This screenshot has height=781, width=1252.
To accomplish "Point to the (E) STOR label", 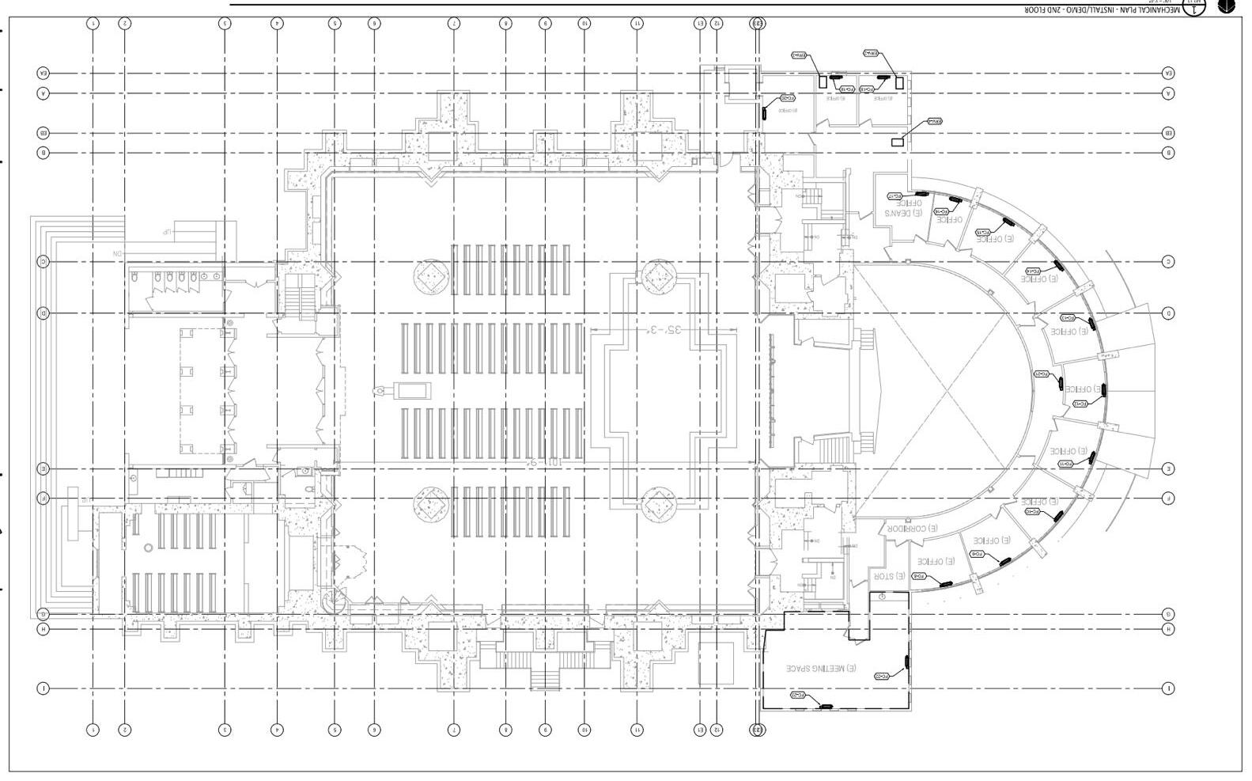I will (889, 576).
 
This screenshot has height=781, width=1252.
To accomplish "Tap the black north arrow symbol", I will (1226, 6).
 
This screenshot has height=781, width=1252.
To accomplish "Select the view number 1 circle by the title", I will (1193, 8).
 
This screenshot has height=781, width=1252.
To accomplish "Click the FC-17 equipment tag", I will (895, 195).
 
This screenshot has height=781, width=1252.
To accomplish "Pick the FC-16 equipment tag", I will (941, 212).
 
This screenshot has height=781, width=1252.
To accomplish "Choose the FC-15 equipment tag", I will (983, 232).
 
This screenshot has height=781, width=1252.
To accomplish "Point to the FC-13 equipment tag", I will (1067, 318).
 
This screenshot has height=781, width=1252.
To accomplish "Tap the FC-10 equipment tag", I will (1032, 512).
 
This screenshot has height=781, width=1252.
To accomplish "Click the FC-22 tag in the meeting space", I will (883, 676).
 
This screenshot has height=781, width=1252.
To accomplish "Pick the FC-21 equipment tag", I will (799, 696).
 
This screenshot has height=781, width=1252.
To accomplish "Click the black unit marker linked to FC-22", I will (907, 662).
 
